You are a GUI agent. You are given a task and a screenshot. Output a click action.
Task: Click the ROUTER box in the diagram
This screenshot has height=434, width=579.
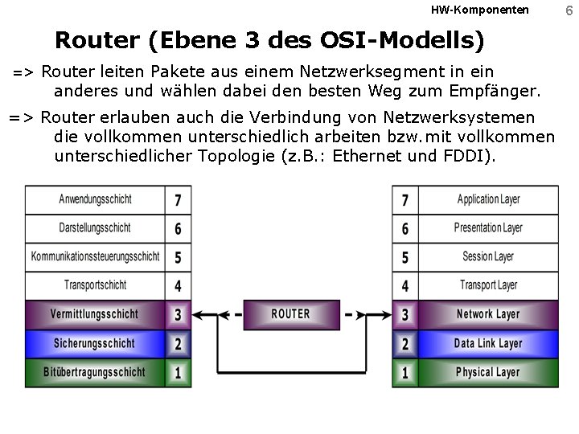point(290,314)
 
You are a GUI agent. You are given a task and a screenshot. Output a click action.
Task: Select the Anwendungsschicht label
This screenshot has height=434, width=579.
point(95,199)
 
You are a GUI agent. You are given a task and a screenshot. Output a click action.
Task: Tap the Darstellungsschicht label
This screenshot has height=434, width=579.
point(95,228)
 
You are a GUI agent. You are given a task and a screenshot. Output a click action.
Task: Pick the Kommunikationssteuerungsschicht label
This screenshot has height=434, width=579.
point(95,257)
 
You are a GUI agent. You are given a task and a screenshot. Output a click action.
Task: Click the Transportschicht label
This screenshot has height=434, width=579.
point(95,285)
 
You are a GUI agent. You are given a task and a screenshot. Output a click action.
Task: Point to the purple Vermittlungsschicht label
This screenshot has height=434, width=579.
point(95,314)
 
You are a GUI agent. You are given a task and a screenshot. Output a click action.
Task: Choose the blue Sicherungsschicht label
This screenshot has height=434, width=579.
point(95,343)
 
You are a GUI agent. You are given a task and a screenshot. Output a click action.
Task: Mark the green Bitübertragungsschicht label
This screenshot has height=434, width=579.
point(95,372)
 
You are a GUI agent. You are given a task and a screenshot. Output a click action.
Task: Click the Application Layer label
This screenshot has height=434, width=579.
point(488,199)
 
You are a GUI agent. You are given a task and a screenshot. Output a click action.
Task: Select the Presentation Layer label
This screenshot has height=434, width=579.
point(488,228)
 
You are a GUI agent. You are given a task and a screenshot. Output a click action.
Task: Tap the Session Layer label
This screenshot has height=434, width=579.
point(488,257)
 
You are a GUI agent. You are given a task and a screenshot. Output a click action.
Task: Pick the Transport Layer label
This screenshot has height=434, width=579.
point(488,285)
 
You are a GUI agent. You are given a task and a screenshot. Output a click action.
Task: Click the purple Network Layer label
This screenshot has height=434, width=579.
point(488,314)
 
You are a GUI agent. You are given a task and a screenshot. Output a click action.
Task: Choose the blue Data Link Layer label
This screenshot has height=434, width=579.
point(488,343)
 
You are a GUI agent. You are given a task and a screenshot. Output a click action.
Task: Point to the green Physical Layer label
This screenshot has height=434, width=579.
point(488,372)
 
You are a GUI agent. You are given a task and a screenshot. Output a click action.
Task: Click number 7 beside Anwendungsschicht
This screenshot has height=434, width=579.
point(178,199)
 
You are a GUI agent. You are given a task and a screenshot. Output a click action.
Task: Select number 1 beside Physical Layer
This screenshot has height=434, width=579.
point(404,372)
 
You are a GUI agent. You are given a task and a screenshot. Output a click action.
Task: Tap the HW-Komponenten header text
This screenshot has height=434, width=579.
point(480,10)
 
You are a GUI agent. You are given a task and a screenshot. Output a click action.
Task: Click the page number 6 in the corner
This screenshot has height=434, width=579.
point(568,10)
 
